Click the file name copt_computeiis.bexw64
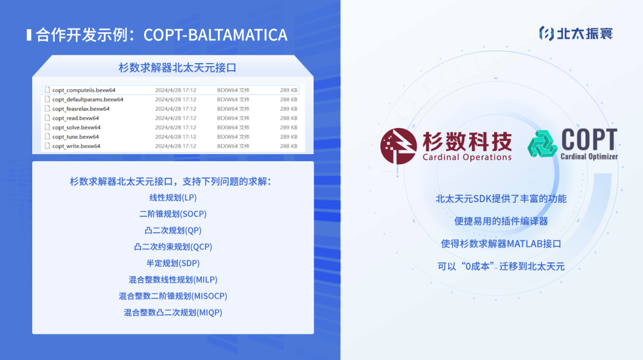[x=84, y=90]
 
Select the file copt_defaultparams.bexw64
[x=88, y=99]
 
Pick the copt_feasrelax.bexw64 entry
[x=81, y=109]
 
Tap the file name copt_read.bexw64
[x=76, y=118]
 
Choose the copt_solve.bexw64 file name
[x=76, y=127]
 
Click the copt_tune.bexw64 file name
[x=76, y=137]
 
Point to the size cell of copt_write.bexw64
[x=289, y=146]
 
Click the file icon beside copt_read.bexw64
[x=47, y=118]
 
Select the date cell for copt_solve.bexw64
[x=176, y=127]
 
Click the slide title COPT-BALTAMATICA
[x=216, y=35]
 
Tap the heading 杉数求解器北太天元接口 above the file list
[x=177, y=68]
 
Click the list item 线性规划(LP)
[x=173, y=198]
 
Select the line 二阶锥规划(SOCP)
[x=173, y=214]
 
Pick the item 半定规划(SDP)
[x=173, y=263]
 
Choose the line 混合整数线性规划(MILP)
[x=173, y=280]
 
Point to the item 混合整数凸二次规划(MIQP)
[x=173, y=312]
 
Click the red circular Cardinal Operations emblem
[x=398, y=146]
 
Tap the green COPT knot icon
[x=542, y=144]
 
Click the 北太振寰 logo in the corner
[x=576, y=33]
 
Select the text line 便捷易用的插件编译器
[x=501, y=221]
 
